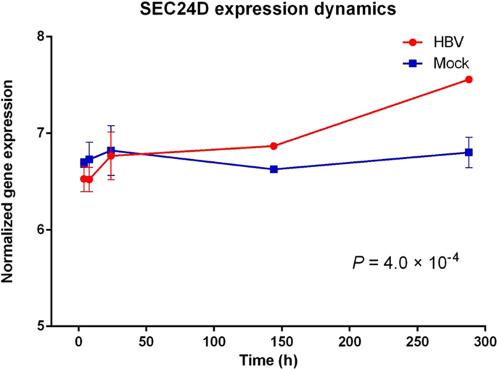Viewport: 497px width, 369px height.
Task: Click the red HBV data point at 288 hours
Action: click(469, 79)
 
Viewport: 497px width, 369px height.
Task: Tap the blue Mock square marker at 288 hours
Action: click(469, 153)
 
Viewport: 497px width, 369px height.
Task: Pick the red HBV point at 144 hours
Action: click(274, 146)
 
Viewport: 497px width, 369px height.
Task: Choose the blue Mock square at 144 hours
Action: click(274, 169)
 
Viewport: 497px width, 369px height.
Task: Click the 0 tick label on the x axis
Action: click(78, 342)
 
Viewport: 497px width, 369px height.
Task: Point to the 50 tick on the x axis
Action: click(146, 342)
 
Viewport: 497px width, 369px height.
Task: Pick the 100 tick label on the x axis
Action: click(214, 342)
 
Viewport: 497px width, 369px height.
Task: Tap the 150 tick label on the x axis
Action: click(282, 342)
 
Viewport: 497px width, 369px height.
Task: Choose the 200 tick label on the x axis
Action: click(350, 342)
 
